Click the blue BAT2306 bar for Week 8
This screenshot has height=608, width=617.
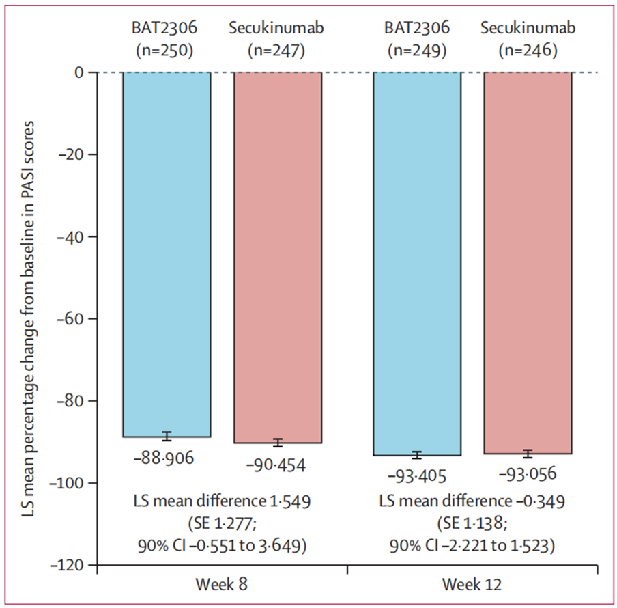pyautogui.click(x=167, y=254)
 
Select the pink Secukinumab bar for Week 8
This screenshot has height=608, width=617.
pyautogui.click(x=278, y=258)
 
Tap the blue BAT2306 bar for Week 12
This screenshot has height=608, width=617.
pyautogui.click(x=417, y=264)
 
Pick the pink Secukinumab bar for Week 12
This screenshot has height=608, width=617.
pyautogui.click(x=528, y=263)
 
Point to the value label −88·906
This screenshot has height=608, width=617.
pyautogui.click(x=164, y=458)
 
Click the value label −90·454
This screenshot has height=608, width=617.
pyautogui.click(x=276, y=465)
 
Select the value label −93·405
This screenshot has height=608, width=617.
pyautogui.click(x=417, y=476)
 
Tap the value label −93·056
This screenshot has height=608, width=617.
pyautogui.click(x=528, y=473)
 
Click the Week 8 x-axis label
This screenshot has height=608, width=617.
pyautogui.click(x=222, y=584)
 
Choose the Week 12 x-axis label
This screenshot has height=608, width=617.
pyautogui.click(x=472, y=584)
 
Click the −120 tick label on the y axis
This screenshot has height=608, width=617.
pyautogui.click(x=67, y=565)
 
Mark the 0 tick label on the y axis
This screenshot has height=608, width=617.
pyautogui.click(x=79, y=72)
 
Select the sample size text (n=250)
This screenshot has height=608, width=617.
pyautogui.click(x=164, y=51)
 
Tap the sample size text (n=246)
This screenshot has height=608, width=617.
pyautogui.click(x=528, y=51)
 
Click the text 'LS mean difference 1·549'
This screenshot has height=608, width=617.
pyautogui.click(x=222, y=501)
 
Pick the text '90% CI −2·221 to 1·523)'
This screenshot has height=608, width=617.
pyautogui.click(x=472, y=546)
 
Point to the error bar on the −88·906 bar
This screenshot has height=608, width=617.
pyautogui.click(x=167, y=437)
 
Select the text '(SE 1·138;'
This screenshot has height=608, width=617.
pyautogui.click(x=472, y=523)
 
